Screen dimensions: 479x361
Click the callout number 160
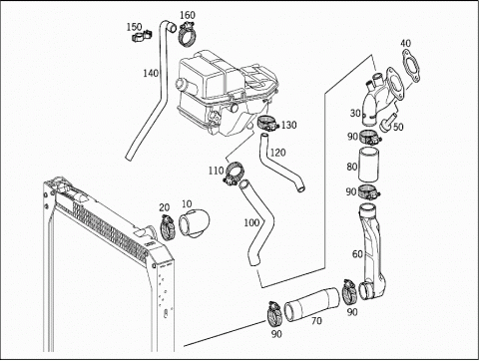[x=188, y=15]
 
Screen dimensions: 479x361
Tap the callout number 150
[x=134, y=27]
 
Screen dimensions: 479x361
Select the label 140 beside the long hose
[x=151, y=73]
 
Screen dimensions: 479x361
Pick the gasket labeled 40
[x=411, y=66]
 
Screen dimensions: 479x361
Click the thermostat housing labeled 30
[x=382, y=96]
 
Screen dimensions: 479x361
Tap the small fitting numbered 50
[x=388, y=122]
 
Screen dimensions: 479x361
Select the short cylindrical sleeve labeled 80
[x=368, y=165]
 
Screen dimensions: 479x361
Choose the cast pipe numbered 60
[x=371, y=252]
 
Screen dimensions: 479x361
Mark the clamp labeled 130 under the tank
[x=267, y=123]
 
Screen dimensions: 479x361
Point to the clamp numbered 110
[x=234, y=174]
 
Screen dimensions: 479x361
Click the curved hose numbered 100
[x=257, y=222]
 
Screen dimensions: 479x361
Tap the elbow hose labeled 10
[x=194, y=223]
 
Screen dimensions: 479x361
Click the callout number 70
[x=316, y=321]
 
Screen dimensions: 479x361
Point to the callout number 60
[x=357, y=254]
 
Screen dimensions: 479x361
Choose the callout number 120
[x=277, y=153]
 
